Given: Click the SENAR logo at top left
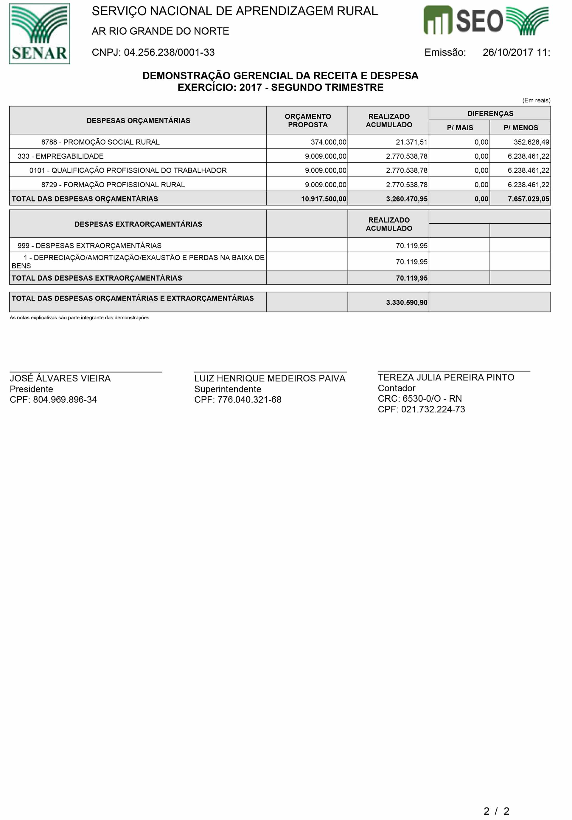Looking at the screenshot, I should [x=39, y=34].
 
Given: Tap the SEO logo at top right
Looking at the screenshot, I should [x=486, y=21].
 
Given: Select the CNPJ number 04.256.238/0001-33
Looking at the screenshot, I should [x=169, y=52].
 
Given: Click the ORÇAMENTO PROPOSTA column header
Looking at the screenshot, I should [x=307, y=120].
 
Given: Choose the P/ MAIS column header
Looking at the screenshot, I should [x=460, y=128].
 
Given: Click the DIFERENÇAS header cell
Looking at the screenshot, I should [x=490, y=114].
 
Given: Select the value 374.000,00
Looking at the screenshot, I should [x=328, y=142].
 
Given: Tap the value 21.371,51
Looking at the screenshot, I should [x=411, y=142].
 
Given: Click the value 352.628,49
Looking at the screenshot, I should [x=531, y=142].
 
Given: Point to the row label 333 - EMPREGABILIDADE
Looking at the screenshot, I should [x=61, y=156].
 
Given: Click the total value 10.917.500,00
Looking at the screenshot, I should [x=324, y=199].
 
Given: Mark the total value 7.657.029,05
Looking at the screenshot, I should [x=529, y=199].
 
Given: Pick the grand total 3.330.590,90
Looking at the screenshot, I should [x=406, y=302].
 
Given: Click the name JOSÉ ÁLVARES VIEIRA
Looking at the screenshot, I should [x=60, y=378].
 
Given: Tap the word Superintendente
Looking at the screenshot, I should [x=228, y=389].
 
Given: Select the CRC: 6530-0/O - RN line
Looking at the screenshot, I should [x=420, y=399].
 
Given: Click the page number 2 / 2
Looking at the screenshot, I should [x=496, y=811].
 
